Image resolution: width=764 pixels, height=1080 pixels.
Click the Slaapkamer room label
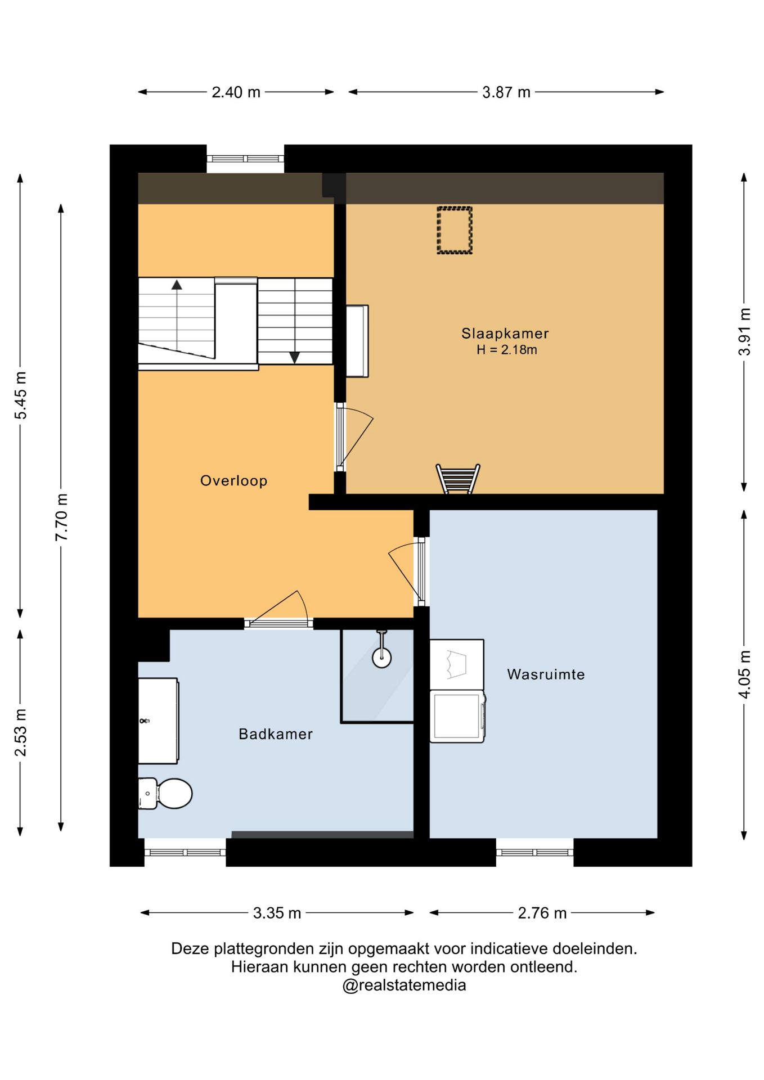[505, 333]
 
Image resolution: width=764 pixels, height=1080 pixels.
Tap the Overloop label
[233, 480]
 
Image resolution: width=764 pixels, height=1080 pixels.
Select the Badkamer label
[276, 733]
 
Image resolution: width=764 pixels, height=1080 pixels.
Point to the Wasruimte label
[546, 674]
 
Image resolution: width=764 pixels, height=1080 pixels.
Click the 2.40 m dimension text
[236, 92]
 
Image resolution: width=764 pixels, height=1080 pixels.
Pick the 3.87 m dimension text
[506, 92]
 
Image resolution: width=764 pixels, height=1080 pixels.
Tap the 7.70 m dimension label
[61, 517]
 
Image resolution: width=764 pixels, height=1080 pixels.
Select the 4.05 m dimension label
[744, 674]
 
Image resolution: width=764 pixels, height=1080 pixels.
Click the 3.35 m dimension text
[277, 912]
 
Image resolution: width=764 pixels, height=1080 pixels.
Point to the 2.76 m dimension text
[542, 912]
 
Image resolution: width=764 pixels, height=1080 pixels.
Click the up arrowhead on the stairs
[177, 285]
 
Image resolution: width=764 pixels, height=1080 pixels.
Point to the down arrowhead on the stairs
[294, 357]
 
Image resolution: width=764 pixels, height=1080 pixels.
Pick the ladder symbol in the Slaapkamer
[458, 479]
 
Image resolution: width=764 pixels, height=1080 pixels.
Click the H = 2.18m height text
[506, 350]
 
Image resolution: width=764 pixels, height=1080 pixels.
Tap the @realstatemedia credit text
[404, 985]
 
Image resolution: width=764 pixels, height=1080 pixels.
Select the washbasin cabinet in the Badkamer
[158, 721]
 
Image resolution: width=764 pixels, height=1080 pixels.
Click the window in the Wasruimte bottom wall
[534, 852]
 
